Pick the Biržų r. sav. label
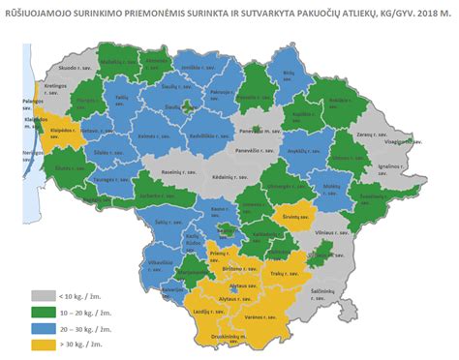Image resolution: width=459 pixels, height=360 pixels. [x=289, y=74]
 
